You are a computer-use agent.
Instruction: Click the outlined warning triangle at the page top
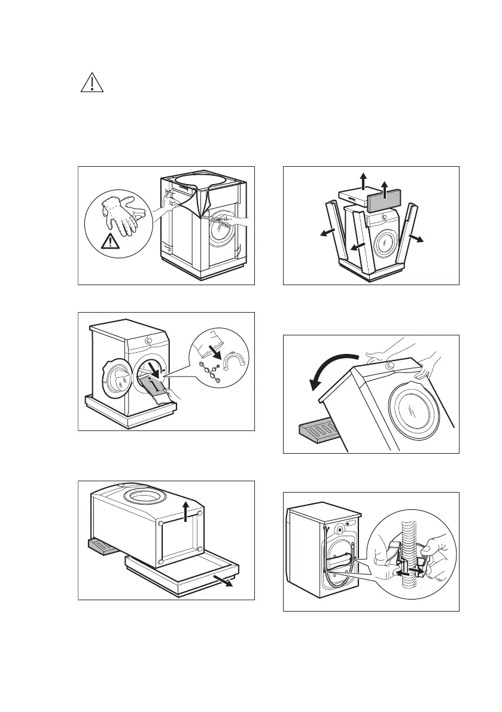tap(92, 83)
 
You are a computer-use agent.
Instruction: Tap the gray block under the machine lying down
tap(104, 546)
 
